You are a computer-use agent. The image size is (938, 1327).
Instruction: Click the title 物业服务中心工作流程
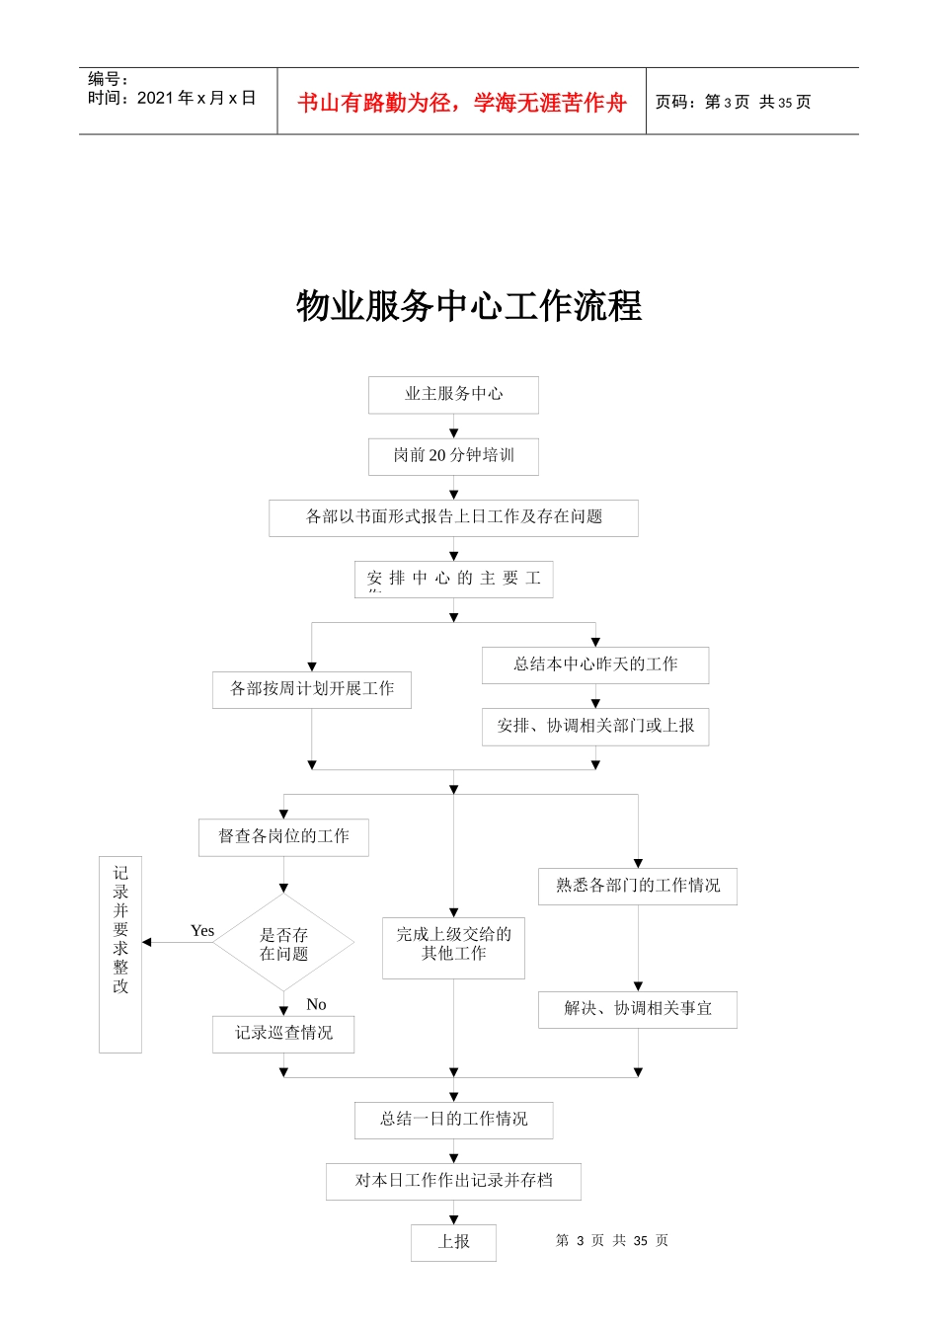(x=469, y=306)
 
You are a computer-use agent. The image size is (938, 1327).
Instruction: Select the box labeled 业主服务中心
(x=453, y=394)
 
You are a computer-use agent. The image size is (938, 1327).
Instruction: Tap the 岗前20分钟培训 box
(x=453, y=456)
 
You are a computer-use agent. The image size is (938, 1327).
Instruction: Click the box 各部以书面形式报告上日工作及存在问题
(x=453, y=517)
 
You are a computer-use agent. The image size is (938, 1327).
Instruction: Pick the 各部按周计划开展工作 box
(x=311, y=689)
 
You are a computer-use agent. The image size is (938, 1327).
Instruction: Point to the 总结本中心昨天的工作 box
(x=594, y=664)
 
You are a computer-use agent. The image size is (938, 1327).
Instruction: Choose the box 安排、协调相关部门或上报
(x=594, y=726)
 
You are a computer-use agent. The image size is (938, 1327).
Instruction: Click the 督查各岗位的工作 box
(x=283, y=836)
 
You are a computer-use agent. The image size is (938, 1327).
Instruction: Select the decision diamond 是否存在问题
(x=283, y=944)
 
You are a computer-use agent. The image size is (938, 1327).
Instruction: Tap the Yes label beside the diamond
(x=202, y=931)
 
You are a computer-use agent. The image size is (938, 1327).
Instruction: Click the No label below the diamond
(x=316, y=1004)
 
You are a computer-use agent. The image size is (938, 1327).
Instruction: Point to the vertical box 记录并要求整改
(x=120, y=954)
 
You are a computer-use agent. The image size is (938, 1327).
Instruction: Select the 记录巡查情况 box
(x=283, y=1034)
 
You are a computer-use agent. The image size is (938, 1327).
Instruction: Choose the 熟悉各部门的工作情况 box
(x=637, y=886)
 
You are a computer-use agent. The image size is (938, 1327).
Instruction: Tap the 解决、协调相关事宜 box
(x=637, y=1009)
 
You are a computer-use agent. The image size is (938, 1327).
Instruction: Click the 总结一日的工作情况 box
(x=453, y=1120)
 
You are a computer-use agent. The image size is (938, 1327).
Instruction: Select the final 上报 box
(x=453, y=1242)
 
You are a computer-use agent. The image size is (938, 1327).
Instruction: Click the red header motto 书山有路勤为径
(x=462, y=103)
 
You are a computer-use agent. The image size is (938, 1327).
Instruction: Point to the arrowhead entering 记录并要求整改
(x=147, y=943)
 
